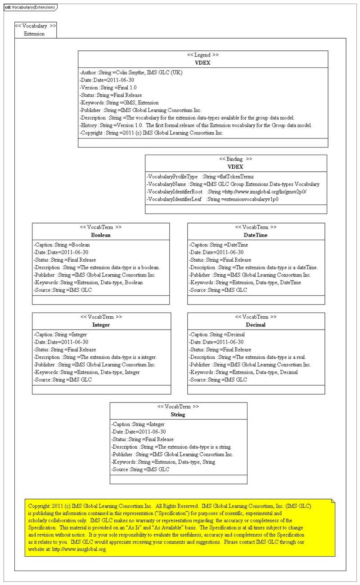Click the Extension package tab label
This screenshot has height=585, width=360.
[x=34, y=34]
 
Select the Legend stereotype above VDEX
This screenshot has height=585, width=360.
[x=203, y=55]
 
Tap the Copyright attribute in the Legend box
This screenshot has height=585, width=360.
[x=151, y=133]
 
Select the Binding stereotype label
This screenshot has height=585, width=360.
[x=235, y=159]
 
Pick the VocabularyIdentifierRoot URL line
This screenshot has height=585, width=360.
[x=226, y=192]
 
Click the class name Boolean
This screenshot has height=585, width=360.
[x=100, y=235]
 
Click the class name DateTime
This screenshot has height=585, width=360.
[x=256, y=235]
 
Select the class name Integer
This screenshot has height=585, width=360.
[x=101, y=325]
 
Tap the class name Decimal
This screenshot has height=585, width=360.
[x=256, y=325]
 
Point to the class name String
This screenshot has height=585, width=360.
[x=178, y=415]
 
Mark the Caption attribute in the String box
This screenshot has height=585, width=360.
[x=138, y=424]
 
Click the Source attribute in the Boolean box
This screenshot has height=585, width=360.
[x=63, y=290]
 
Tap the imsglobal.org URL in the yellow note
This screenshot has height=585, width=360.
[x=79, y=549]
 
